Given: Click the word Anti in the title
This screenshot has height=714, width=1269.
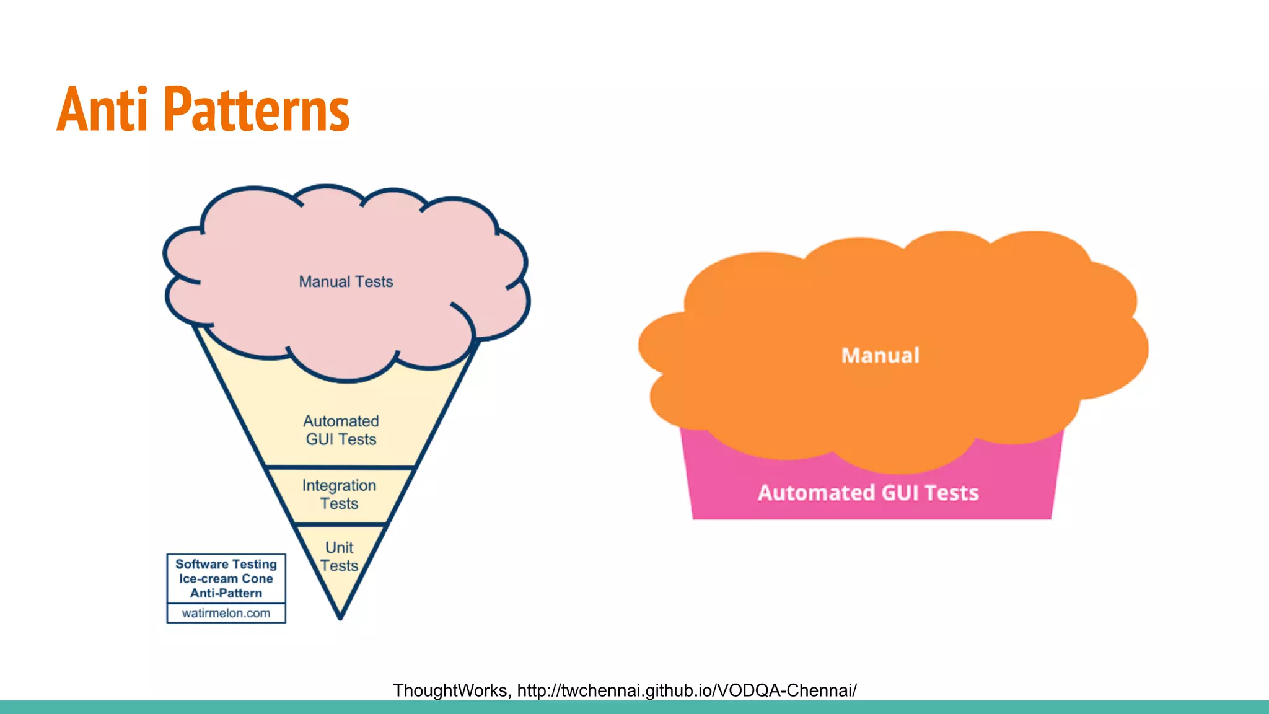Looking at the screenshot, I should (103, 110).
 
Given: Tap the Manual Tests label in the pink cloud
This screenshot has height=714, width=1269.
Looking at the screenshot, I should (346, 282).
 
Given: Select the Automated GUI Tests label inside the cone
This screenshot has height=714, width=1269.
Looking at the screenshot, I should (341, 430).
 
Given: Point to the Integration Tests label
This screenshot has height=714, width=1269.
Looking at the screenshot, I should (339, 495).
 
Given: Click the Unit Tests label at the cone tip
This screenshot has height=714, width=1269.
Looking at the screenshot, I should (339, 557).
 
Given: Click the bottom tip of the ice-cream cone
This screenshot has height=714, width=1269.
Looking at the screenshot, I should (340, 617).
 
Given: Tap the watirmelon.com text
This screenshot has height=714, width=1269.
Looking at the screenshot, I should (226, 614).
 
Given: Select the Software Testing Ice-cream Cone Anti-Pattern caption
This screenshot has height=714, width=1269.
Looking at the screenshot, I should (226, 578).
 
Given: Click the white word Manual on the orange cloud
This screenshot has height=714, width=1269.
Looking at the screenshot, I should (880, 356).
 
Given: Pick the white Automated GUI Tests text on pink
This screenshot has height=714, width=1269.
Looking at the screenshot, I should (868, 493).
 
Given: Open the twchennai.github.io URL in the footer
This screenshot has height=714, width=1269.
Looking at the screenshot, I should (687, 690).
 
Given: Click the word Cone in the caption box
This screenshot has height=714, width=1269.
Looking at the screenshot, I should (257, 579).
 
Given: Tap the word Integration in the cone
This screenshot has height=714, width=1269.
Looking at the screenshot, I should (339, 485).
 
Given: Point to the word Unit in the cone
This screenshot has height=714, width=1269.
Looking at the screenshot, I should (339, 548).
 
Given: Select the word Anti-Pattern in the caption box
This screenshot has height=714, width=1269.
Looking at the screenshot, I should (226, 593).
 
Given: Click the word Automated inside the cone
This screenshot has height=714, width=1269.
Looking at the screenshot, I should (341, 421).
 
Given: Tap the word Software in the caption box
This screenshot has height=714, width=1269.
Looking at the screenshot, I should (202, 564).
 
